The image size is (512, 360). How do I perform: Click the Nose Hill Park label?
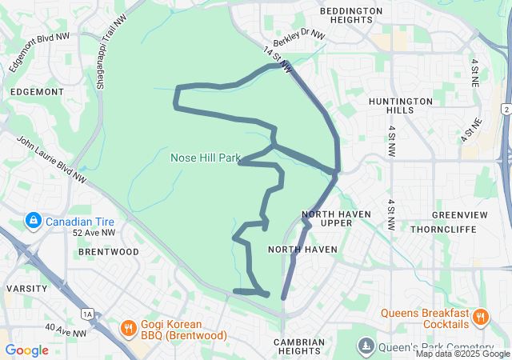[x=206, y=158]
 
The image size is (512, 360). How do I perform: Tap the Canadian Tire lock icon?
[x=33, y=219]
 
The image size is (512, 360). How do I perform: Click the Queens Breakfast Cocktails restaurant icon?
[x=480, y=318]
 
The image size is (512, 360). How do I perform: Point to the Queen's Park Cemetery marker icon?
[x=366, y=346]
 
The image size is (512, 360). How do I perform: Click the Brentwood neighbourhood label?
[x=109, y=251]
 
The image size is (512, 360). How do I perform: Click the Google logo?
[x=27, y=350]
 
